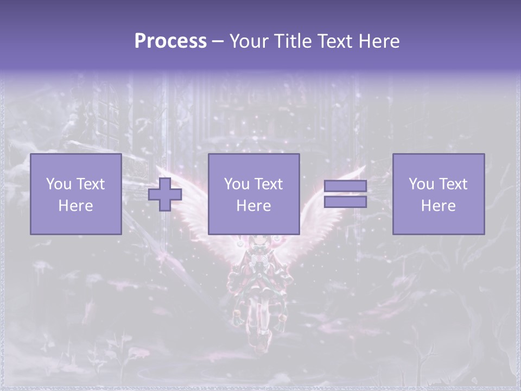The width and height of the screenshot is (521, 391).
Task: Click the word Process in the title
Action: pyautogui.click(x=170, y=41)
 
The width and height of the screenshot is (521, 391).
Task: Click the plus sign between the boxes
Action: pyautogui.click(x=165, y=194)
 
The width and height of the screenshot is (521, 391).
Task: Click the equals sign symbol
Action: pyautogui.click(x=345, y=194)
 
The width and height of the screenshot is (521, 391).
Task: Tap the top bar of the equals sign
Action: pyautogui.click(x=345, y=186)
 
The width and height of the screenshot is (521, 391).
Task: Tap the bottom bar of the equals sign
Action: pyautogui.click(x=345, y=201)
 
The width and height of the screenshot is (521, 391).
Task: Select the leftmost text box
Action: pyautogui.click(x=75, y=194)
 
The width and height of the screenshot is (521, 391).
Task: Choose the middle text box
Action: pyautogui.click(x=253, y=194)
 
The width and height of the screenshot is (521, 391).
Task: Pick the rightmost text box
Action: pyautogui.click(x=438, y=194)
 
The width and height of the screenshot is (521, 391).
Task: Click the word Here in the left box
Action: pyautogui.click(x=75, y=205)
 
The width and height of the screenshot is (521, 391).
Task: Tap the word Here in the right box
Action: pyautogui.click(x=438, y=205)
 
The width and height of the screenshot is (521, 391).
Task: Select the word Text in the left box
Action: pyautogui.click(x=91, y=184)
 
